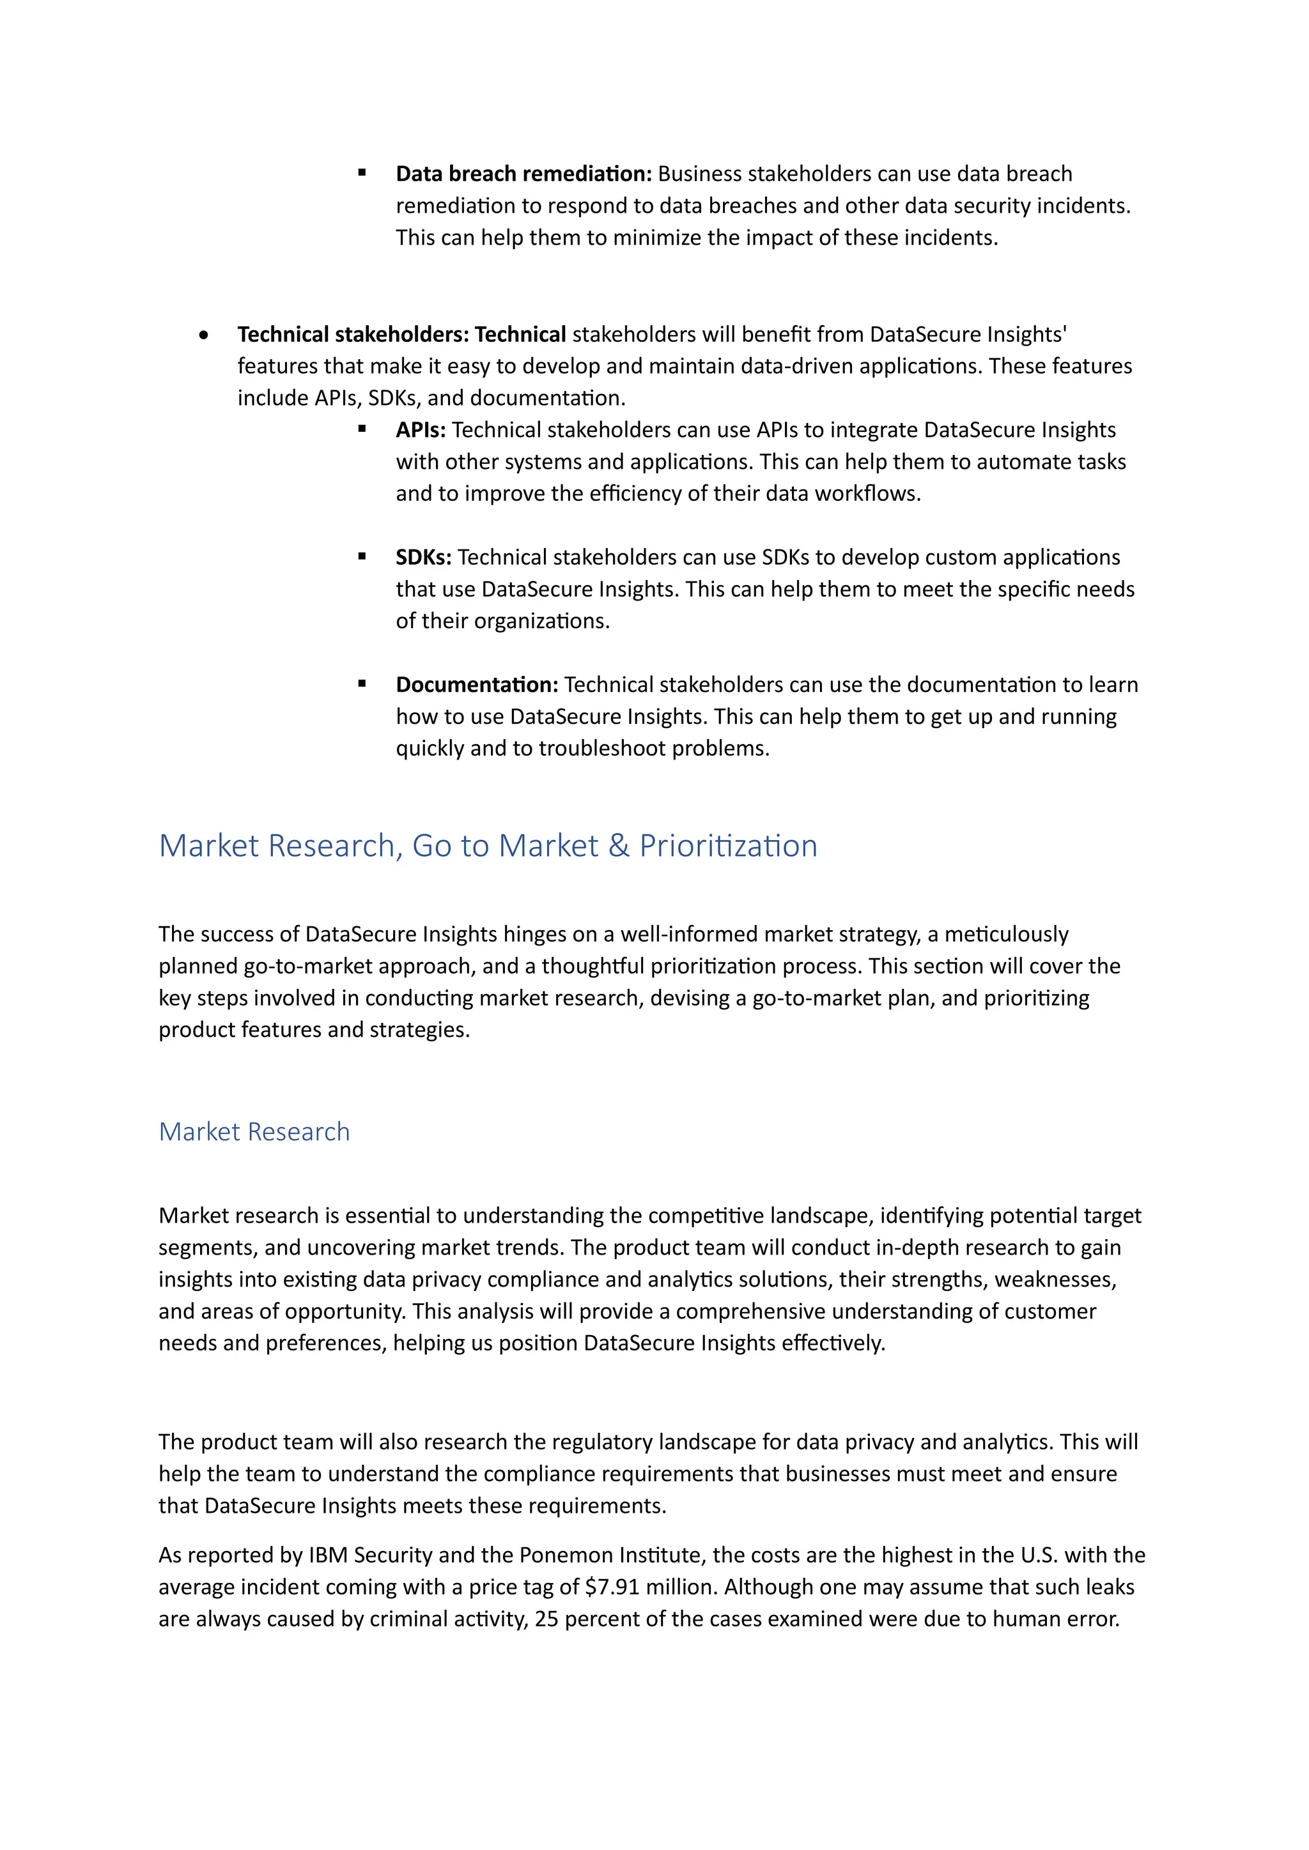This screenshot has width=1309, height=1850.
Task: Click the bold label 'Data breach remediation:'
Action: (x=523, y=174)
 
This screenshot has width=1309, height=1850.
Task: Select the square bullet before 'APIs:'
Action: (x=362, y=429)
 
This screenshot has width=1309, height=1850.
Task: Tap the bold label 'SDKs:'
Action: (x=423, y=557)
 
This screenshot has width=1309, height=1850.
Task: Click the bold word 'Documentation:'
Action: (x=476, y=685)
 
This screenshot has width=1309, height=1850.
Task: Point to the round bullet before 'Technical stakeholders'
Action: (x=204, y=334)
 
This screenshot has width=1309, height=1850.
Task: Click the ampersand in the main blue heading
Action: (x=618, y=846)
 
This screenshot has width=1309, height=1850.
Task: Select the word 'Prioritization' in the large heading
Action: (x=728, y=846)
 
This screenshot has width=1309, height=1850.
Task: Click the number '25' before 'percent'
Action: (x=546, y=1619)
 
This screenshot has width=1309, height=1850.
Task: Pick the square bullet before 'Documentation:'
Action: (x=362, y=684)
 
